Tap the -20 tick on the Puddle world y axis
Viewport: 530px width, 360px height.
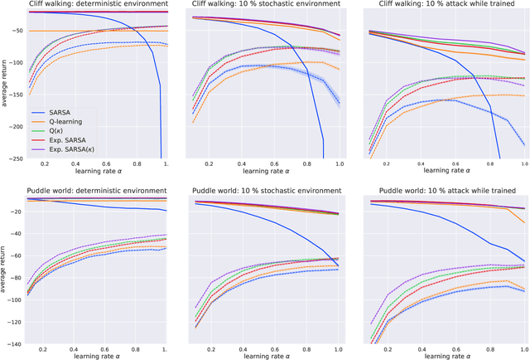[x=15, y=212]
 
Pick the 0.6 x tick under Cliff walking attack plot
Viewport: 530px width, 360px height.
[x=445, y=166]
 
